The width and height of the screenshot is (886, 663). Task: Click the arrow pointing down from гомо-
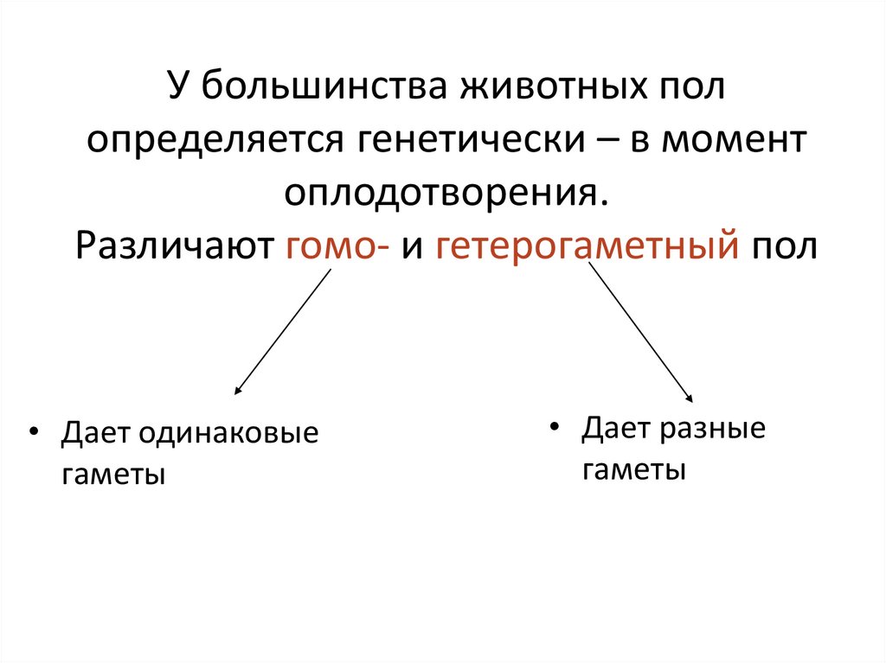coord(283,332)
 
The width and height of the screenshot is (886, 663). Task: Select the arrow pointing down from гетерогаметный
coord(641,332)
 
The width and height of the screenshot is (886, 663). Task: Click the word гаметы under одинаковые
coord(112,475)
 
